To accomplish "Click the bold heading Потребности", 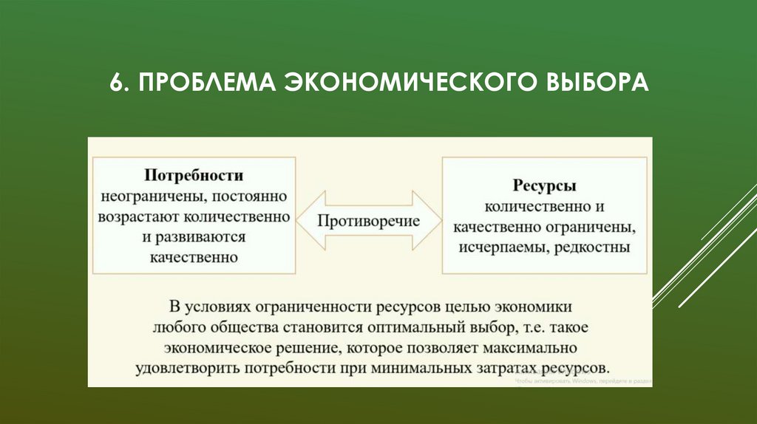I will (x=193, y=177).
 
